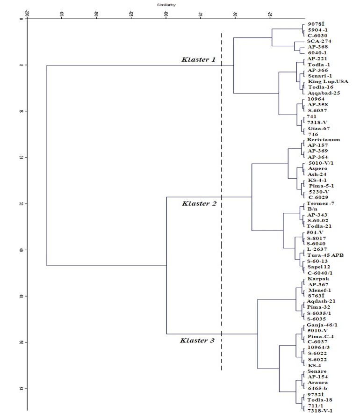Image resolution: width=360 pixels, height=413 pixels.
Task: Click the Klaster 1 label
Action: point(198,60)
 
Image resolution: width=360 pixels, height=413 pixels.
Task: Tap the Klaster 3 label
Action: point(197,341)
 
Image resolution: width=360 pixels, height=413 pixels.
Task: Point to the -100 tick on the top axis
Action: point(166,14)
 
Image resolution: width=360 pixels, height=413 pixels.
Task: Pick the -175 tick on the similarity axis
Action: point(61,14)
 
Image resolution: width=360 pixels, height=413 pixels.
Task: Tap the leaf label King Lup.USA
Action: point(328,81)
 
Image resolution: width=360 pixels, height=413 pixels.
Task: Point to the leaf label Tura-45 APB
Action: point(325,255)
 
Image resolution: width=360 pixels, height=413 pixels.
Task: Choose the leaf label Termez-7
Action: point(320,203)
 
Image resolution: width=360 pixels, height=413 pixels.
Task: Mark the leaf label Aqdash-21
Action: point(321,301)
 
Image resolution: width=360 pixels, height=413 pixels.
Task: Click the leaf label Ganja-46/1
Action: point(322,325)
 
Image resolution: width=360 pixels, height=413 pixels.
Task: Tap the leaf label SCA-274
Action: point(319,41)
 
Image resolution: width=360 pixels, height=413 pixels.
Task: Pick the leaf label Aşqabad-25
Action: point(324,93)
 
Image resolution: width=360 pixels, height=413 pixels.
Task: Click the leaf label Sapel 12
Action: point(319,267)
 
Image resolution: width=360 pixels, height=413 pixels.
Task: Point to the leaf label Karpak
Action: point(318,278)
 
